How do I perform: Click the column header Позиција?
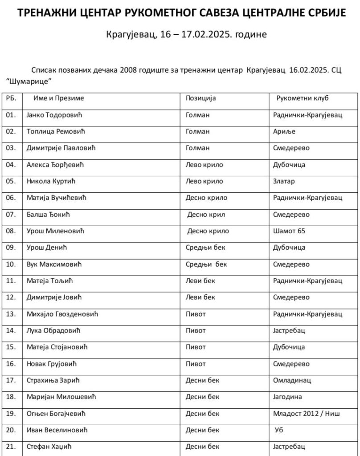pos(200,98)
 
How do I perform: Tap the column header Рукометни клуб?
pos(303,98)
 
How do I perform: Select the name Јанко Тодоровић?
pos(55,115)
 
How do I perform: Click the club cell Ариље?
pos(284,131)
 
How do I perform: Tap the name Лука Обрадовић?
pos(54,331)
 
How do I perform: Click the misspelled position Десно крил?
pos(206,215)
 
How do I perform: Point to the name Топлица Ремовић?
pos(55,131)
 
